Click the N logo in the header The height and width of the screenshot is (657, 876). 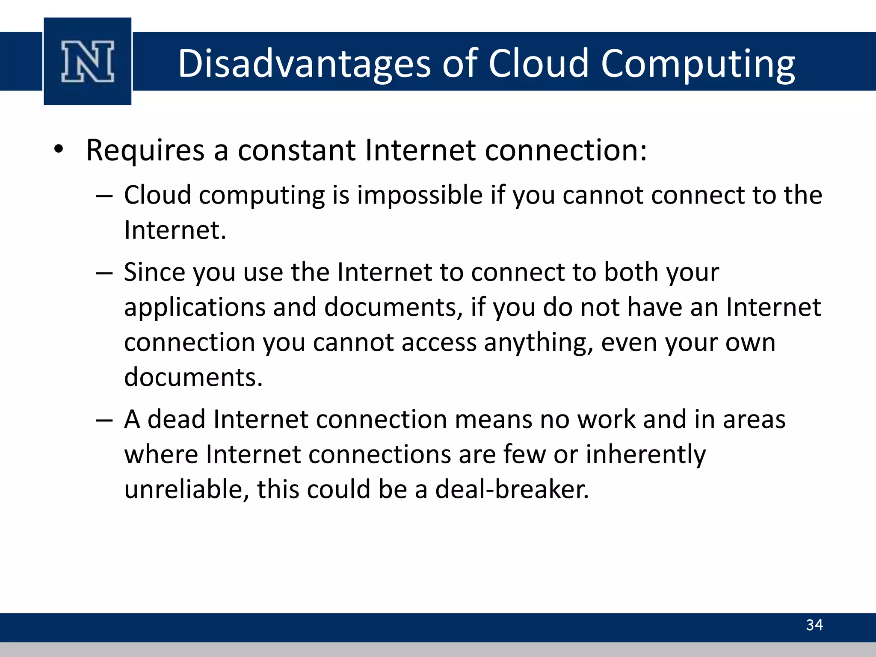88,61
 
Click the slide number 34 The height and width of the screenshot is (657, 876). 814,625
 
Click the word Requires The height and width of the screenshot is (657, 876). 145,151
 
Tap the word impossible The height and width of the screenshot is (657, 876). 420,195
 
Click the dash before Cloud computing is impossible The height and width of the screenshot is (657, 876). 104,196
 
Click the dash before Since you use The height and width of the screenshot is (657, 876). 104,273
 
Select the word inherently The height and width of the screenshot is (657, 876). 645,454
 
